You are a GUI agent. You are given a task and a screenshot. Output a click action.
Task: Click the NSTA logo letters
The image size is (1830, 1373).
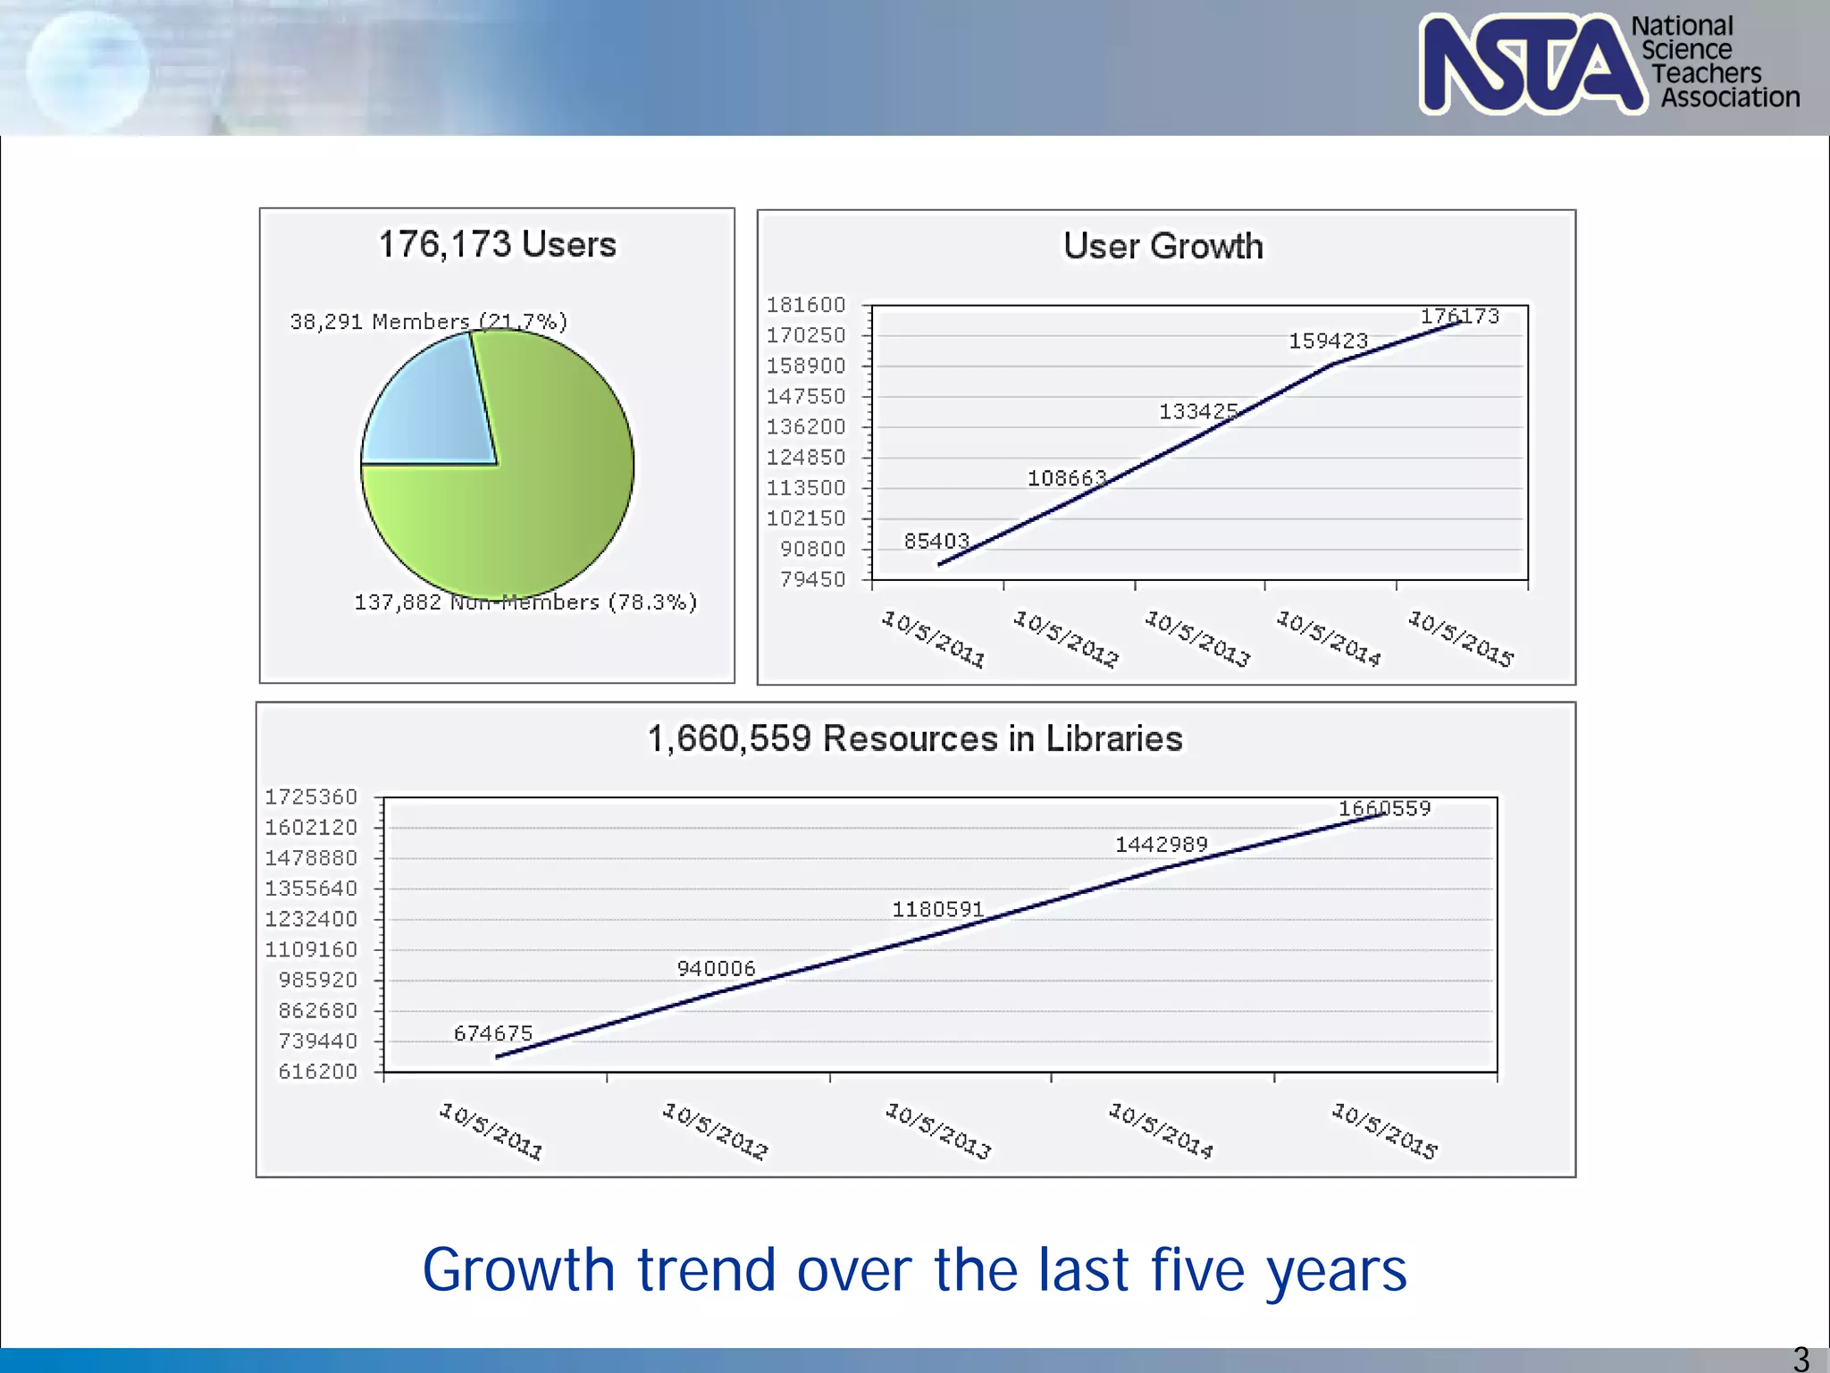[1530, 64]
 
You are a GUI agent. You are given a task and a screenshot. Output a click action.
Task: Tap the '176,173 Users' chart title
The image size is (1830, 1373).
[497, 244]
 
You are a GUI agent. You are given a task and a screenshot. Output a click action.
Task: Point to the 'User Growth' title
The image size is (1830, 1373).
[1163, 246]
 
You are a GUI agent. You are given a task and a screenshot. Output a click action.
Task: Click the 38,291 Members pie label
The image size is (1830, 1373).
[428, 322]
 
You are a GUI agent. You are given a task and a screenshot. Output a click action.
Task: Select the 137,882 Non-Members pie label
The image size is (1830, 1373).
[525, 602]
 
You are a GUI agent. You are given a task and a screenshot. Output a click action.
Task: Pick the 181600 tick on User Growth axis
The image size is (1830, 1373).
[805, 305]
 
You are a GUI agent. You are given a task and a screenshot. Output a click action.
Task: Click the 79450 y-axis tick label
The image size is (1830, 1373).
[811, 579]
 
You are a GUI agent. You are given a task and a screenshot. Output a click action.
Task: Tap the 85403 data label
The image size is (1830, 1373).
[936, 541]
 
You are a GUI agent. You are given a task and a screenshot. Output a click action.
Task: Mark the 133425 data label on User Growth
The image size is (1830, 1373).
[1197, 411]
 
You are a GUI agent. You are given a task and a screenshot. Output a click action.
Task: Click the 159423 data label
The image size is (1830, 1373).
[1328, 341]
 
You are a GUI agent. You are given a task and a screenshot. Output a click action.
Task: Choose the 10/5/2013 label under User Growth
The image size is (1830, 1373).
[1197, 638]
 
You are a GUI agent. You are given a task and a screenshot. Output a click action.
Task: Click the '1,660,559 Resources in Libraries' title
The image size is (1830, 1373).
[915, 738]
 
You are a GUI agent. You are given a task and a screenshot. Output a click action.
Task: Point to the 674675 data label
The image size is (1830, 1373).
[492, 1033]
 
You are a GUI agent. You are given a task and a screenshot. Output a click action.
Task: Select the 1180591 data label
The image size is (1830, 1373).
[937, 909]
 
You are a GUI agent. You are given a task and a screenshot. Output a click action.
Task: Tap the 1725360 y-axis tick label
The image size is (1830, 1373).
[310, 796]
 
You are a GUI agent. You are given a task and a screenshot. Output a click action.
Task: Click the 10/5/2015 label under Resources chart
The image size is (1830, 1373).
[1384, 1131]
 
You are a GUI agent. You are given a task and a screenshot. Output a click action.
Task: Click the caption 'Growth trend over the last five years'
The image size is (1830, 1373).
[914, 1269]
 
